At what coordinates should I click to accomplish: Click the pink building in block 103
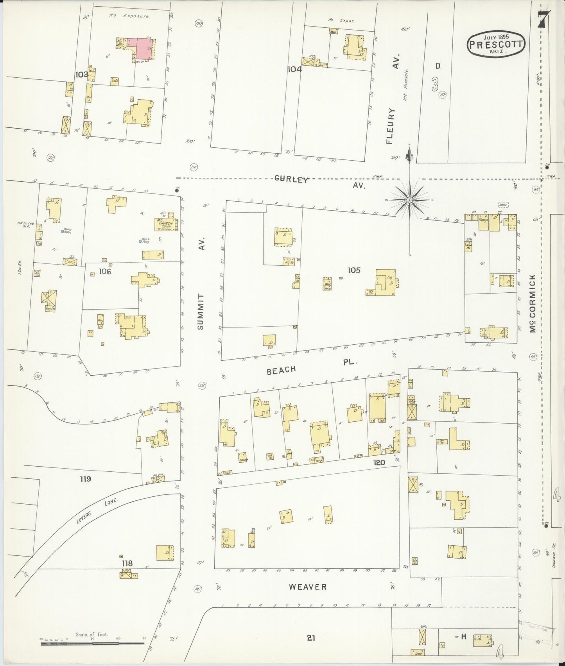coord(143,48)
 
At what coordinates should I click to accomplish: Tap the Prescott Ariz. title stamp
coord(495,45)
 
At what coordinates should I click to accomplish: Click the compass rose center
coord(409,200)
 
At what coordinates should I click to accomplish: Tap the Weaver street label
coord(307,587)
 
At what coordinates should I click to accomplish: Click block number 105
coord(353,270)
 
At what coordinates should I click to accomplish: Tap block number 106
coord(105,271)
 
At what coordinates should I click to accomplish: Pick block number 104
coord(294,70)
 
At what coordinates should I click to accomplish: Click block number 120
coord(379,463)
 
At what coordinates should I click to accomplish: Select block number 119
coord(85,479)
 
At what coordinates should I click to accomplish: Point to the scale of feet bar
coord(92,642)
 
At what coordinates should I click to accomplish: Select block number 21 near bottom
coord(311,639)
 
